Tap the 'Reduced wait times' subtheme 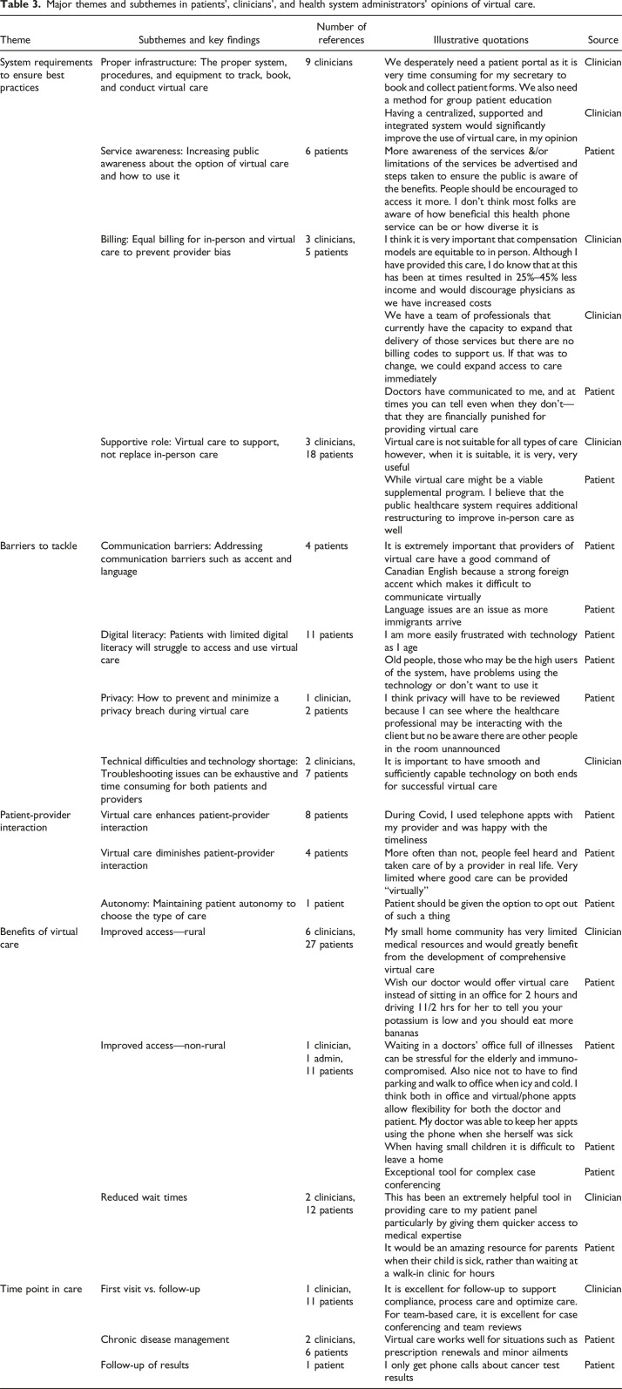point(144,1197)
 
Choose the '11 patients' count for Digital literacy point(332,634)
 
